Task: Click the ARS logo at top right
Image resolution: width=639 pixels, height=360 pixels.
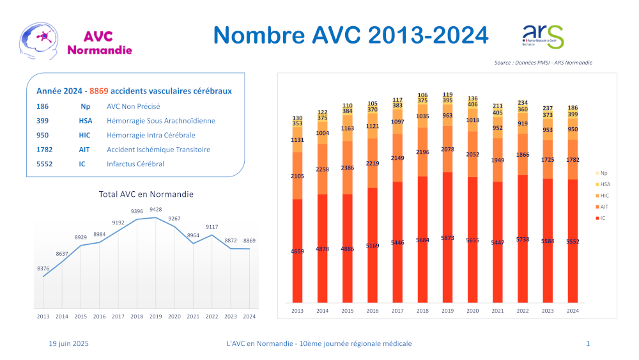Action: coord(543,36)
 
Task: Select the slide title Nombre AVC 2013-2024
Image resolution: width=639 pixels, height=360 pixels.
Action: coord(350,35)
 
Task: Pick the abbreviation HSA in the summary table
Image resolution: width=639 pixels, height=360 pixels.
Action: coord(86,121)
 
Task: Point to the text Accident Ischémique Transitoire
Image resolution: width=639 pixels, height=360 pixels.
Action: coord(158,150)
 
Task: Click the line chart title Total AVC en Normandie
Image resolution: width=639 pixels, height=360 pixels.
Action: coord(146,194)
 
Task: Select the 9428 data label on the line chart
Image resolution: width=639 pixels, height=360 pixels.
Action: coord(155,209)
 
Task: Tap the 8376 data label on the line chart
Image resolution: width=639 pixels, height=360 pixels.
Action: coord(43,268)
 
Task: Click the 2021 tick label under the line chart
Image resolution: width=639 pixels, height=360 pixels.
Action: coord(193,316)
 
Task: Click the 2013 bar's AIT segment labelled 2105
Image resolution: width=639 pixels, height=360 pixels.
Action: coord(297,176)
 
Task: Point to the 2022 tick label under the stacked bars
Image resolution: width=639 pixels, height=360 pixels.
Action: coord(522,311)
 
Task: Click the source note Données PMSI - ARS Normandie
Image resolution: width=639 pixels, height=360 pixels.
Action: coord(543,63)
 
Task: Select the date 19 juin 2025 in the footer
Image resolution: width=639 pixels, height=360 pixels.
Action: coord(69,343)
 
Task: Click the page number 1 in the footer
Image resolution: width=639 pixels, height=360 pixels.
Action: coord(587,343)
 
